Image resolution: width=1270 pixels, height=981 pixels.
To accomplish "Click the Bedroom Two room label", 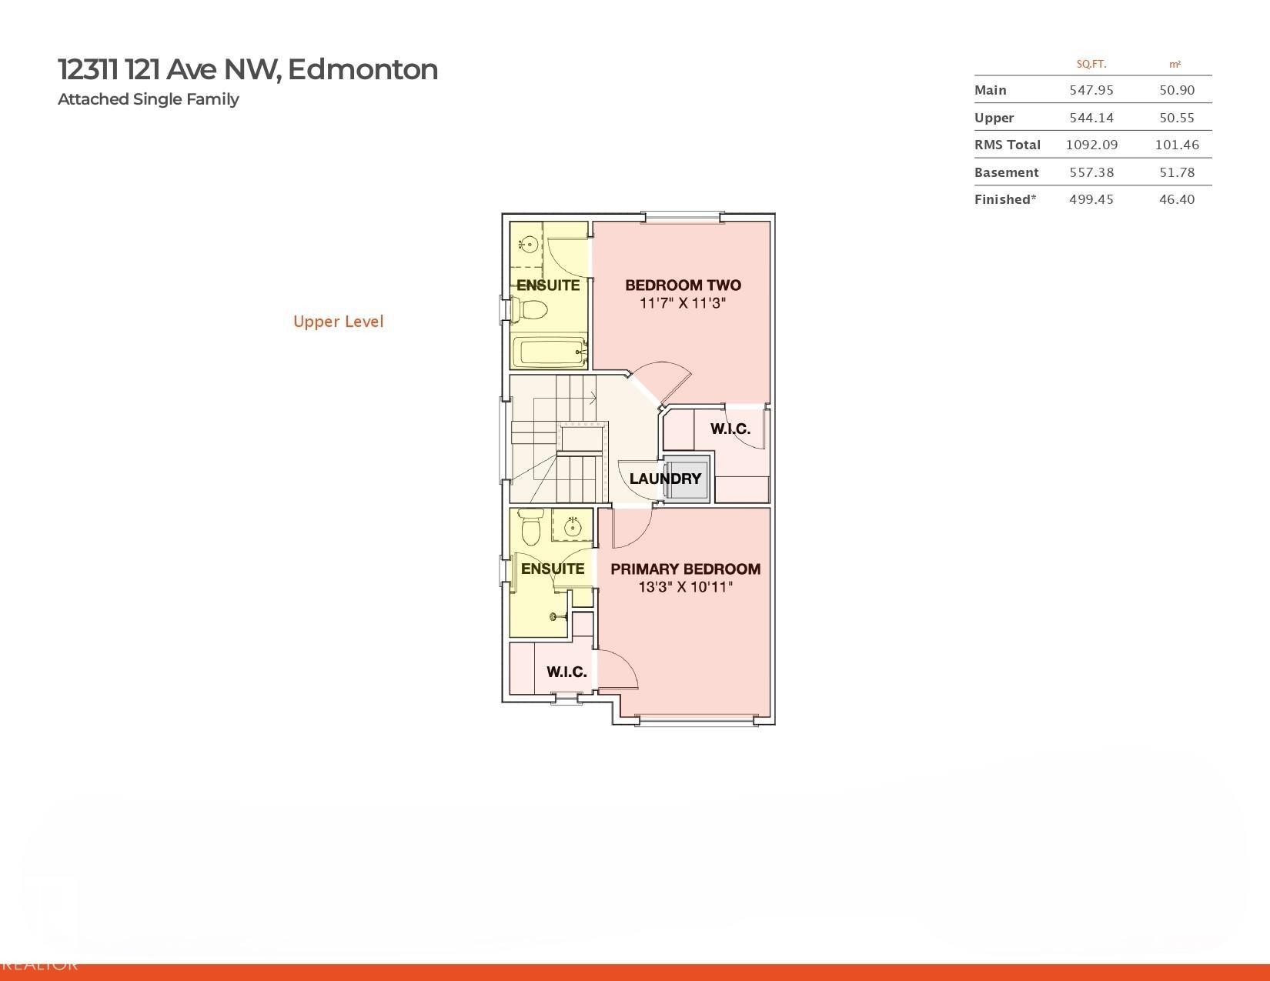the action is (683, 285).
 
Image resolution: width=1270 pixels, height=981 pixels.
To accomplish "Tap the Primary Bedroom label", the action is (686, 569).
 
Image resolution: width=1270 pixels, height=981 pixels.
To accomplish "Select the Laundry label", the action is (665, 479).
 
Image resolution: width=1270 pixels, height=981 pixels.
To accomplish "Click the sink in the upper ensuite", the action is (528, 244).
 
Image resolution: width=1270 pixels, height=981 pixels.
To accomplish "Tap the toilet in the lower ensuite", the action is (530, 527).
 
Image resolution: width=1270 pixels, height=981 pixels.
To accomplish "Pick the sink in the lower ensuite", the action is (572, 527).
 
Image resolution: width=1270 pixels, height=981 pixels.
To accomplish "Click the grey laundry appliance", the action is (686, 479).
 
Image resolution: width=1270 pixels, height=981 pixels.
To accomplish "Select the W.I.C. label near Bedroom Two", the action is (730, 429).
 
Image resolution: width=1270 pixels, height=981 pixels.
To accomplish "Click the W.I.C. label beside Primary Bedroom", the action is (566, 672).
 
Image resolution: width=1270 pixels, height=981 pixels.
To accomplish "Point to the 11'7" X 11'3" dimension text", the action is (683, 302).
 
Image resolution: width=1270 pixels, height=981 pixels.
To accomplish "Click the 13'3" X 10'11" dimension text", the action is (686, 586).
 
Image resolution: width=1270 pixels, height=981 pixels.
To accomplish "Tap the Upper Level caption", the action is (339, 322).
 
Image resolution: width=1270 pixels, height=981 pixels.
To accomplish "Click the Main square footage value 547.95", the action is (1091, 90).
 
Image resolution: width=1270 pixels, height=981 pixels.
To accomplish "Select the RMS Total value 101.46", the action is (1177, 145).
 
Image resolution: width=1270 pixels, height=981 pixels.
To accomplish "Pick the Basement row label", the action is (1007, 172).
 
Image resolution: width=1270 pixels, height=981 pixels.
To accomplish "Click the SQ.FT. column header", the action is (1091, 65).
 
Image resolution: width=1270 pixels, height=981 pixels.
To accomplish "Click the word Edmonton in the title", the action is (363, 69).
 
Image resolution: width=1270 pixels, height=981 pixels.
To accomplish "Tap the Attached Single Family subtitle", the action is (149, 99).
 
